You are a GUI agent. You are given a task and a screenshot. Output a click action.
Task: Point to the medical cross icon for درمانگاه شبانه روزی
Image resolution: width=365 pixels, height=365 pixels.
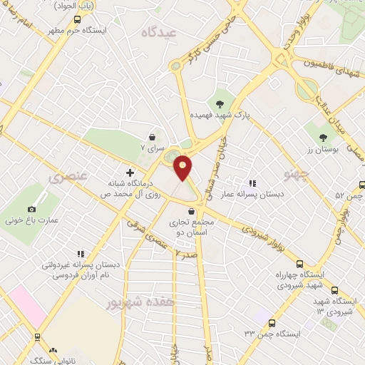(x=130, y=173)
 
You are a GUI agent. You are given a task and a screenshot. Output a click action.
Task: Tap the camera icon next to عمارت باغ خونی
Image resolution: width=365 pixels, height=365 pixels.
(x=31, y=209)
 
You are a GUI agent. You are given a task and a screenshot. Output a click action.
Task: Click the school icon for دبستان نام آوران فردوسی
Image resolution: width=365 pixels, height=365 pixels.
(x=80, y=254)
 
